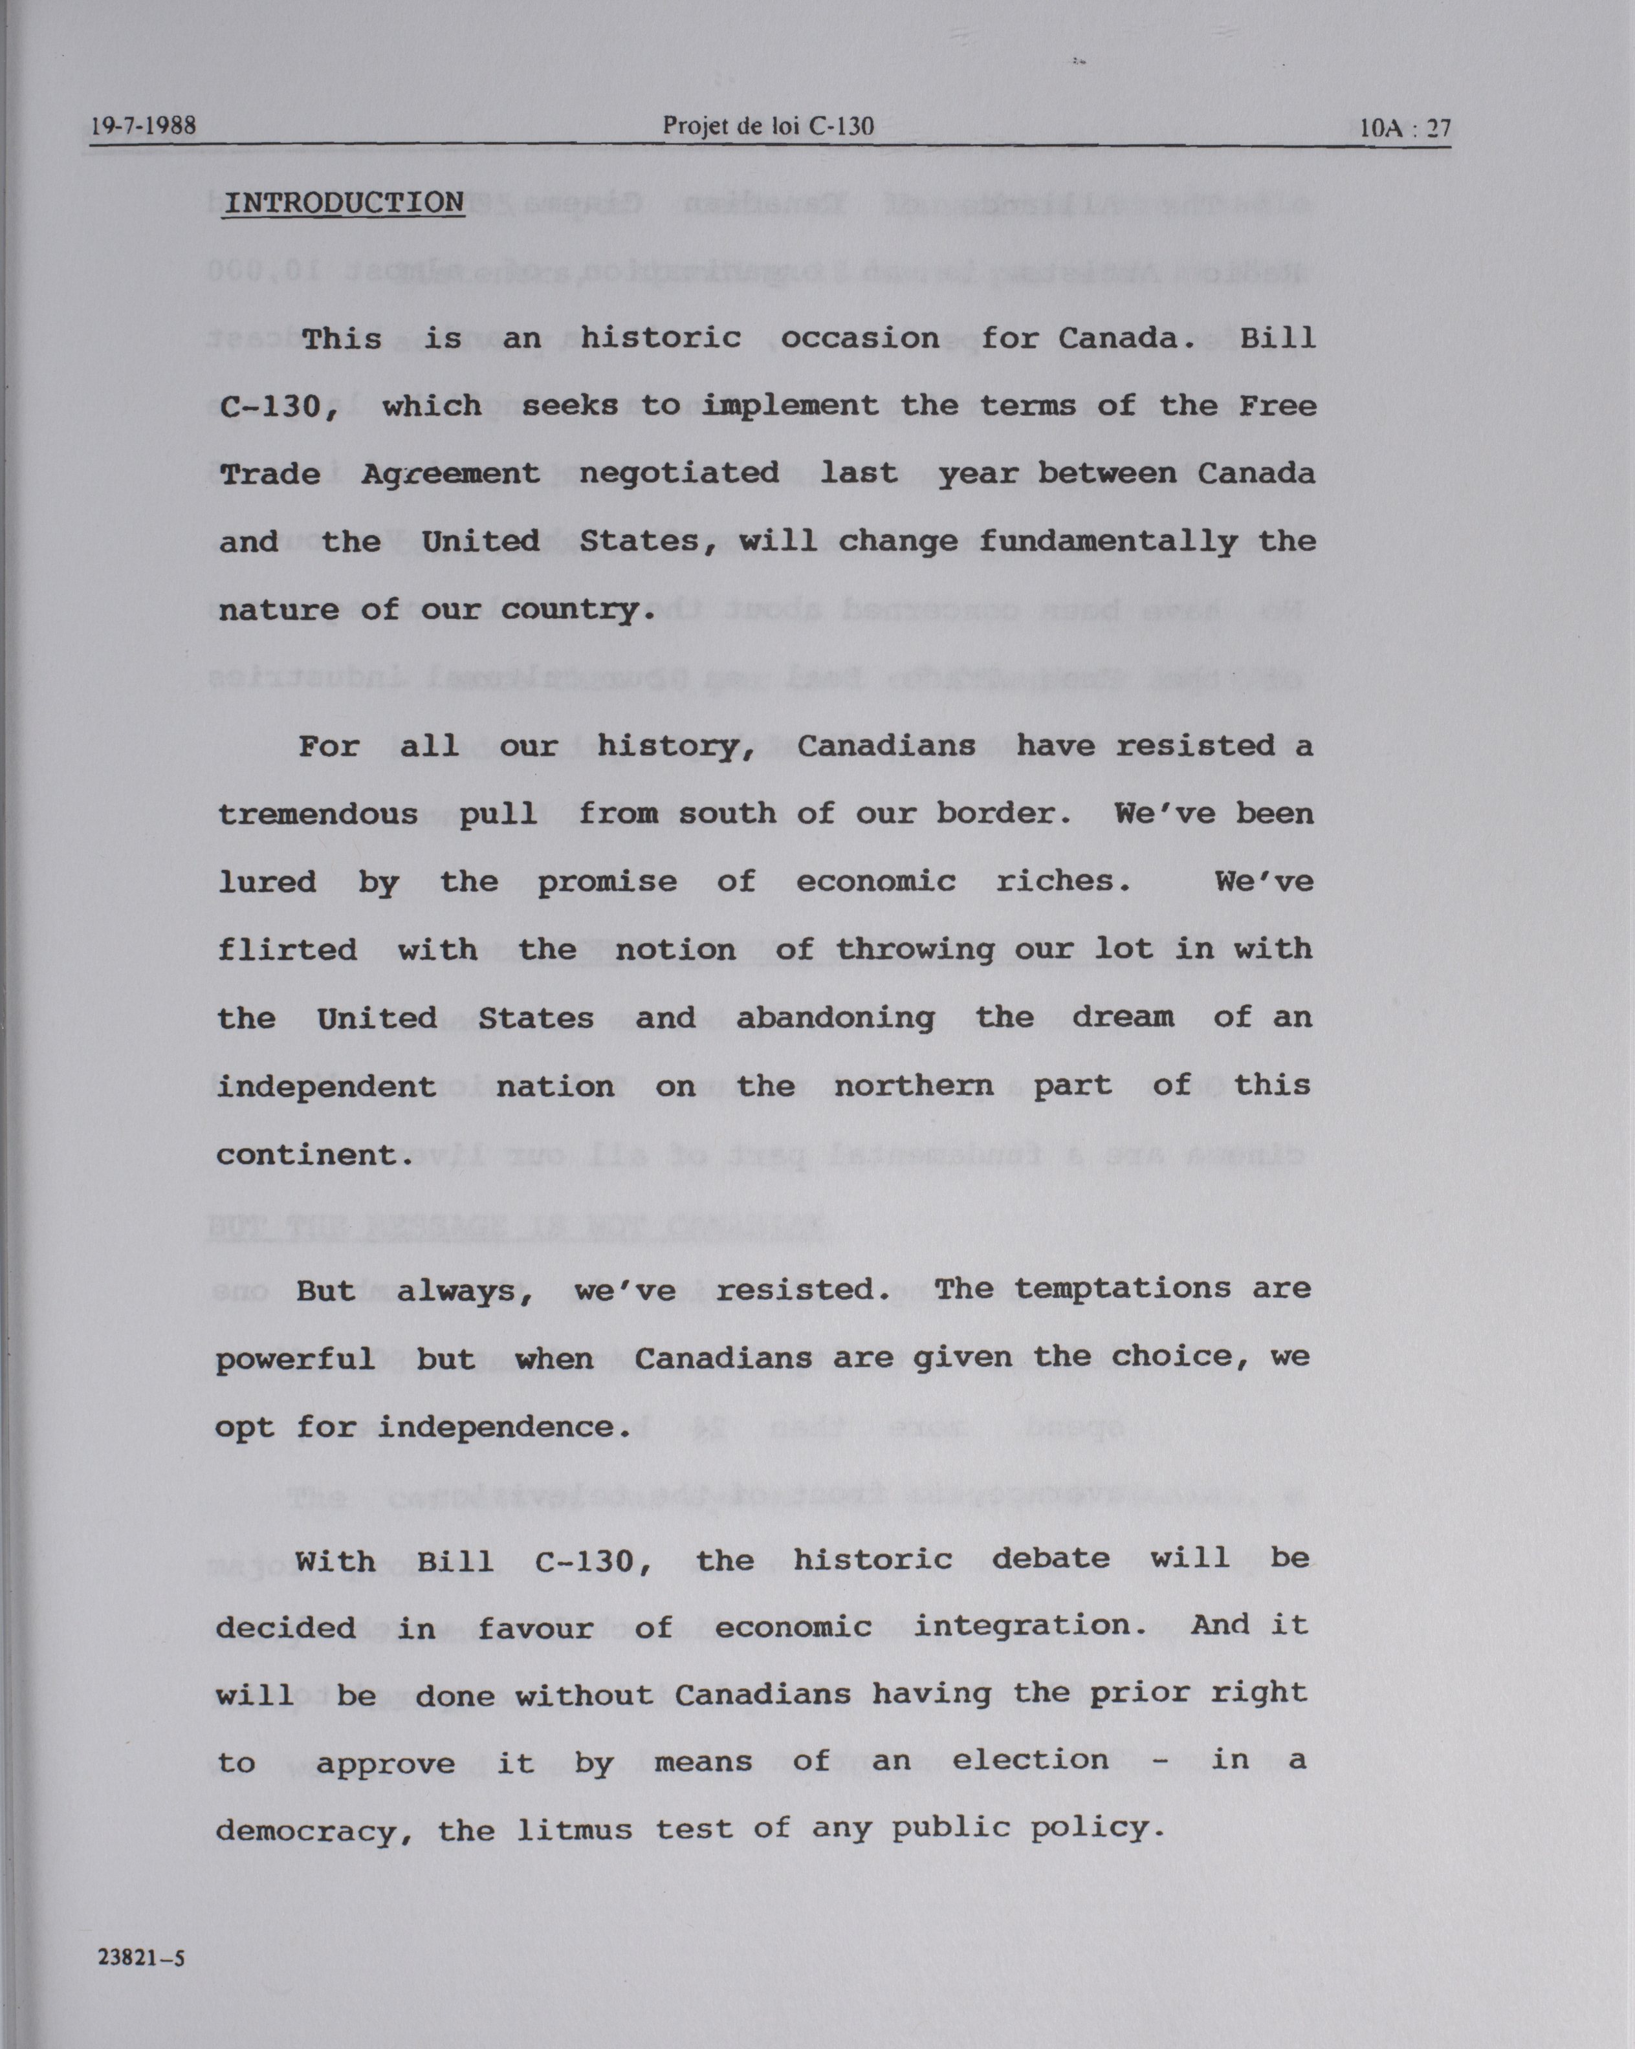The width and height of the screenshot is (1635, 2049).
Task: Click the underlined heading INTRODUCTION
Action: (x=343, y=202)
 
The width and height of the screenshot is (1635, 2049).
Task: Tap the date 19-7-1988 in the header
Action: (x=144, y=125)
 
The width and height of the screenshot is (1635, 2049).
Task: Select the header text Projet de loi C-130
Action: (x=767, y=125)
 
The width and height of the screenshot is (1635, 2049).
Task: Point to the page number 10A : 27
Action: (x=1404, y=127)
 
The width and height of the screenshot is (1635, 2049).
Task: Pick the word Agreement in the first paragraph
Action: (x=450, y=474)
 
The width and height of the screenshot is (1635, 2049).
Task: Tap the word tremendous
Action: (x=318, y=814)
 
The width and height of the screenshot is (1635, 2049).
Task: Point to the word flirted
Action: (x=287, y=949)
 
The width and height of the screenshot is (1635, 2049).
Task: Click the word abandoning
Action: (x=835, y=1018)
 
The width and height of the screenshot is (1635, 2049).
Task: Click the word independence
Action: (x=505, y=1427)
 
